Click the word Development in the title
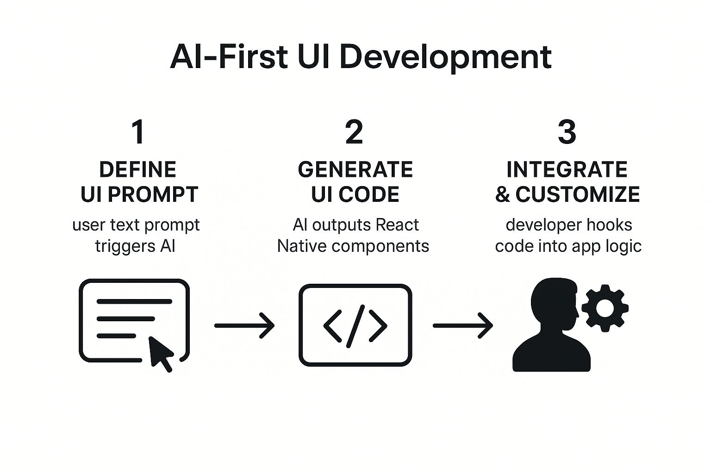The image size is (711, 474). [x=445, y=57]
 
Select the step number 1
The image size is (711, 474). [x=138, y=132]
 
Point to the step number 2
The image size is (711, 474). [x=354, y=132]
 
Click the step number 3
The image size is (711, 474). [x=567, y=132]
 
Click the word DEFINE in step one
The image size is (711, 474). [x=138, y=170]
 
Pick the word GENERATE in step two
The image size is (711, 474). [x=355, y=170]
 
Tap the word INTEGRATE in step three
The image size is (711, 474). [x=567, y=170]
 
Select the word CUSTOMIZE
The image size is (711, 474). [x=578, y=194]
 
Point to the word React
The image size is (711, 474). [x=397, y=225]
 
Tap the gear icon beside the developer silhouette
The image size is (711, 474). [x=605, y=308]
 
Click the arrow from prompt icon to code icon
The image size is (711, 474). [x=244, y=326]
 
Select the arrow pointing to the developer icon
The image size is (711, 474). [x=463, y=326]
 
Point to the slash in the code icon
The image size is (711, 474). [x=355, y=326]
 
